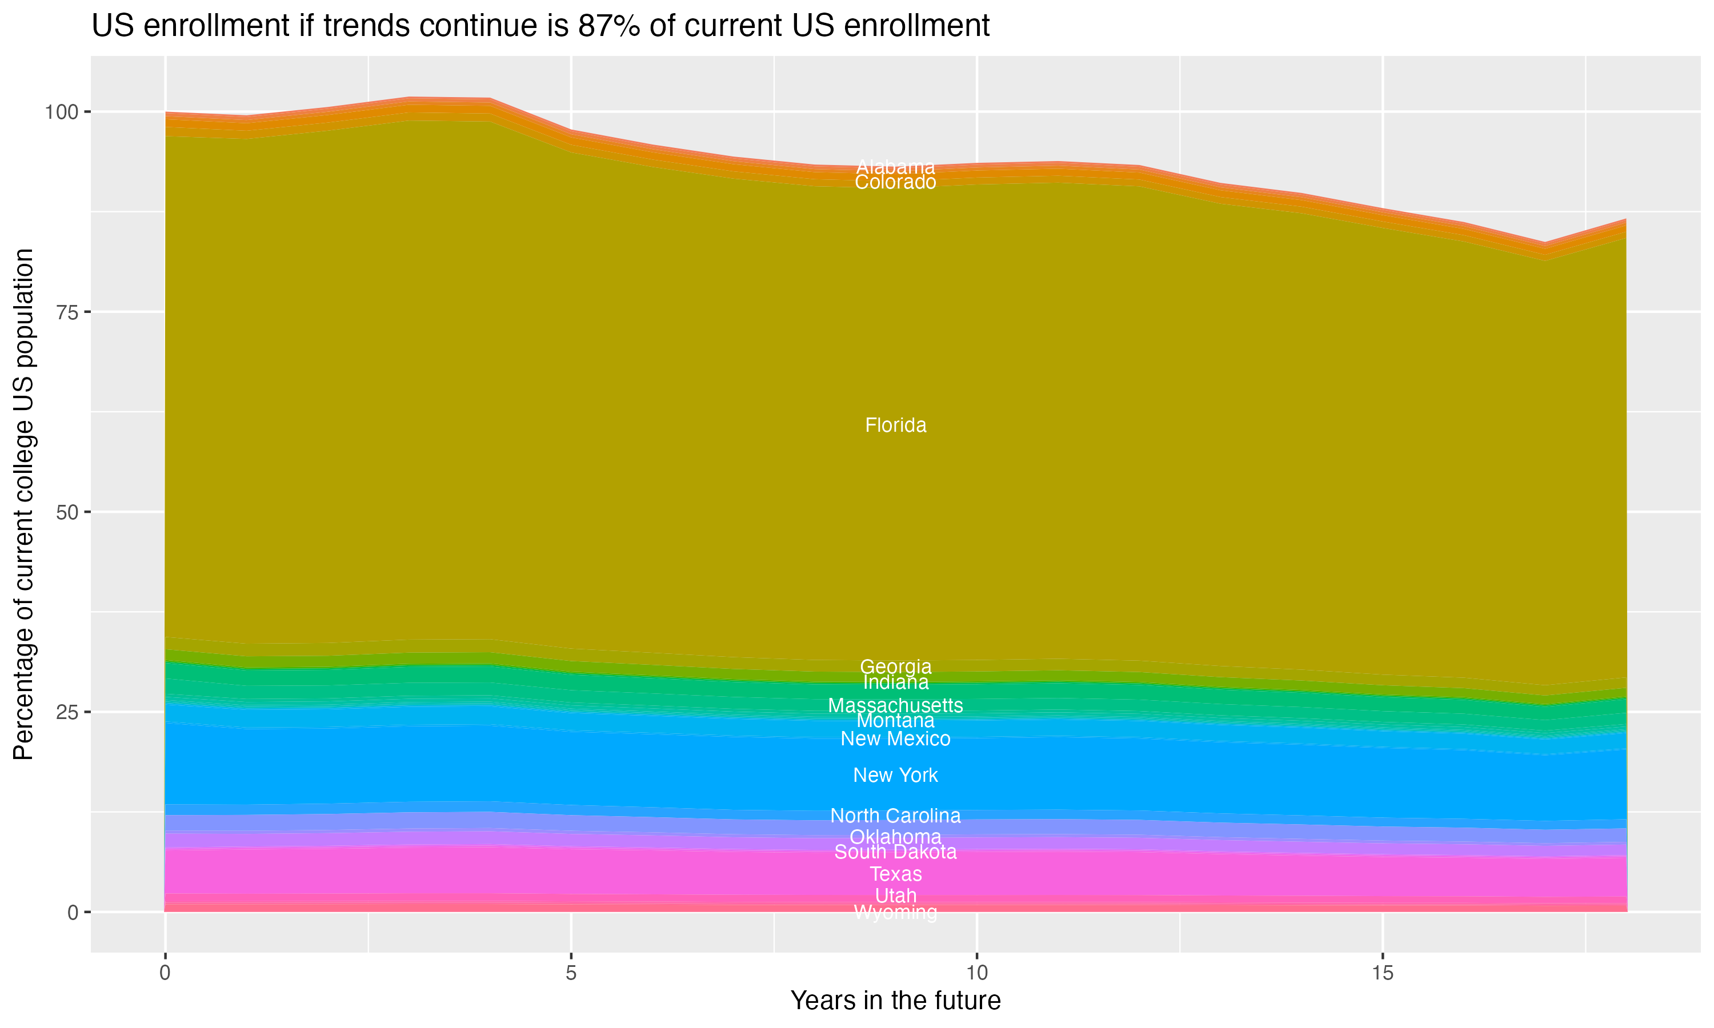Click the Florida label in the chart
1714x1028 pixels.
[x=895, y=425]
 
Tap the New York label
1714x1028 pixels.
[x=895, y=775]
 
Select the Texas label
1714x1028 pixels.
[x=895, y=874]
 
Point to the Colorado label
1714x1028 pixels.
[x=895, y=182]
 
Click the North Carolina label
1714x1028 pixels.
[x=895, y=816]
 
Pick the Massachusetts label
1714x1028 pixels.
[x=895, y=706]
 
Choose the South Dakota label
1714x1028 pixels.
[x=895, y=852]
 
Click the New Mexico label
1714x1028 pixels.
[x=895, y=739]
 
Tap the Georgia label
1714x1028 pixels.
[x=895, y=667]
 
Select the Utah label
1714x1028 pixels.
[x=895, y=896]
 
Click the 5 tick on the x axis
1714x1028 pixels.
[x=571, y=973]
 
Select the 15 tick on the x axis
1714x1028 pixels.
[x=1382, y=973]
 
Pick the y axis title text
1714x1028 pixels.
[x=23, y=504]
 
